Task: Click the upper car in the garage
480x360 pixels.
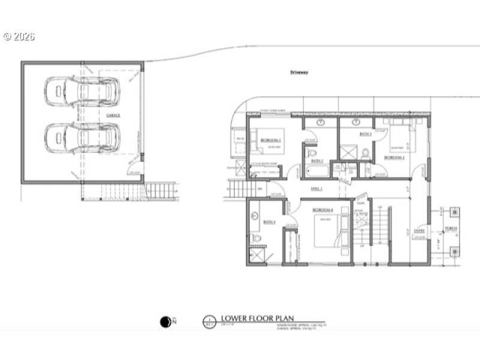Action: click(82, 92)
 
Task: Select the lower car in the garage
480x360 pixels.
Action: click(82, 137)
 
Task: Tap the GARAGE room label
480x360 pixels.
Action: click(113, 115)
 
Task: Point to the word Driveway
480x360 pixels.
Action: click(298, 72)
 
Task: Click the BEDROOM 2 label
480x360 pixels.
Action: click(271, 140)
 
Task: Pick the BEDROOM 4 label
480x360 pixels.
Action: click(323, 210)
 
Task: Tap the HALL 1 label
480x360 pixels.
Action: click(317, 189)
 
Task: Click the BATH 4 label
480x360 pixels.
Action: click(269, 222)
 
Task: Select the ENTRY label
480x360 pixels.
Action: click(419, 230)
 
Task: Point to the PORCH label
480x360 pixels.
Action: click(451, 229)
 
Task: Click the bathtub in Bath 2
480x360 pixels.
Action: click(314, 171)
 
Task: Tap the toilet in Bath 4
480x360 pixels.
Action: click(257, 238)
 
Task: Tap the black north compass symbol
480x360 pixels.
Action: click(166, 322)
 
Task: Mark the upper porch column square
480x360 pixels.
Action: click(454, 212)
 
